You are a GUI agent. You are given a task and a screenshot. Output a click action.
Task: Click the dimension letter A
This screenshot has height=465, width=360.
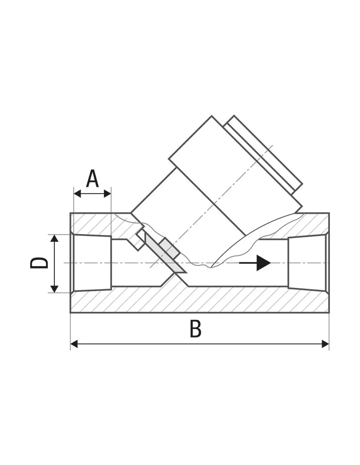(x=92, y=179)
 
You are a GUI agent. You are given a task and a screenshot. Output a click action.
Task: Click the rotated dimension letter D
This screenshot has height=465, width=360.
(x=39, y=263)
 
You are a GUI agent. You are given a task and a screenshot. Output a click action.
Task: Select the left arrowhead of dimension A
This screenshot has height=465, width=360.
(x=77, y=194)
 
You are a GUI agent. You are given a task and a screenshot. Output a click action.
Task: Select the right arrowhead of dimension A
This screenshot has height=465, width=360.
(x=107, y=194)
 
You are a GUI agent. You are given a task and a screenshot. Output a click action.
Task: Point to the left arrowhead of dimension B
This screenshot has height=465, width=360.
(x=74, y=344)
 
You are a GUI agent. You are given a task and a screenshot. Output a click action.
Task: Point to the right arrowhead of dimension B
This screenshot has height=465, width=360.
(x=325, y=344)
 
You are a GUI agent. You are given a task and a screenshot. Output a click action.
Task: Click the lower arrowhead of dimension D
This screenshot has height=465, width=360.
(x=54, y=289)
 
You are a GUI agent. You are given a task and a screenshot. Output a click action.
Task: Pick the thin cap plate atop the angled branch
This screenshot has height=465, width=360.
(x=263, y=155)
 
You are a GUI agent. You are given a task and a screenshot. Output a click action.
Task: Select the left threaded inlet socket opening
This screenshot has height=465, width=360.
(x=93, y=263)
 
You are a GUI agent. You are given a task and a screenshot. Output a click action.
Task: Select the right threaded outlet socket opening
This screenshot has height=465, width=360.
(x=308, y=263)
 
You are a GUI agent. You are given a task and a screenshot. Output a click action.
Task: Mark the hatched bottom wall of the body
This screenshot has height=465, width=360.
(x=200, y=300)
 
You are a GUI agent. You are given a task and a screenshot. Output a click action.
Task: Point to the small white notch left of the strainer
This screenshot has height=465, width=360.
(x=140, y=241)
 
